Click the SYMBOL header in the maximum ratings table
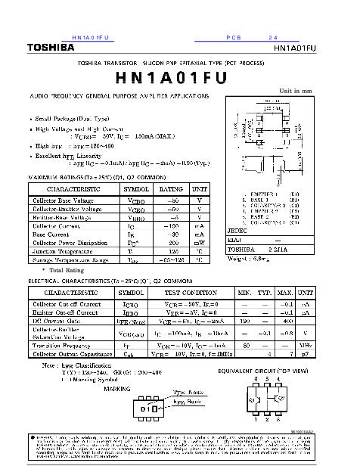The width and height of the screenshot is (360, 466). pyautogui.click(x=136, y=188)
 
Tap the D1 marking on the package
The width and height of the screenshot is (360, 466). pyautogui.click(x=146, y=409)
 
